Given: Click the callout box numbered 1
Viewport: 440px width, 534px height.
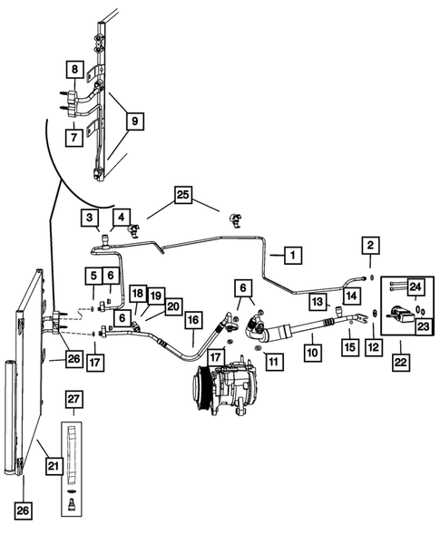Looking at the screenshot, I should pyautogui.click(x=292, y=256).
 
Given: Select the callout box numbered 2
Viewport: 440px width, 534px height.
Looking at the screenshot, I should pyautogui.click(x=369, y=244).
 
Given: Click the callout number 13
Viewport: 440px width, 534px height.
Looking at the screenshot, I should pyautogui.click(x=318, y=301).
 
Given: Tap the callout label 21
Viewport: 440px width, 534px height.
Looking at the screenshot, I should pyautogui.click(x=54, y=467).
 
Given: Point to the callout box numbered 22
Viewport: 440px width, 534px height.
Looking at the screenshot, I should pyautogui.click(x=400, y=361).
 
